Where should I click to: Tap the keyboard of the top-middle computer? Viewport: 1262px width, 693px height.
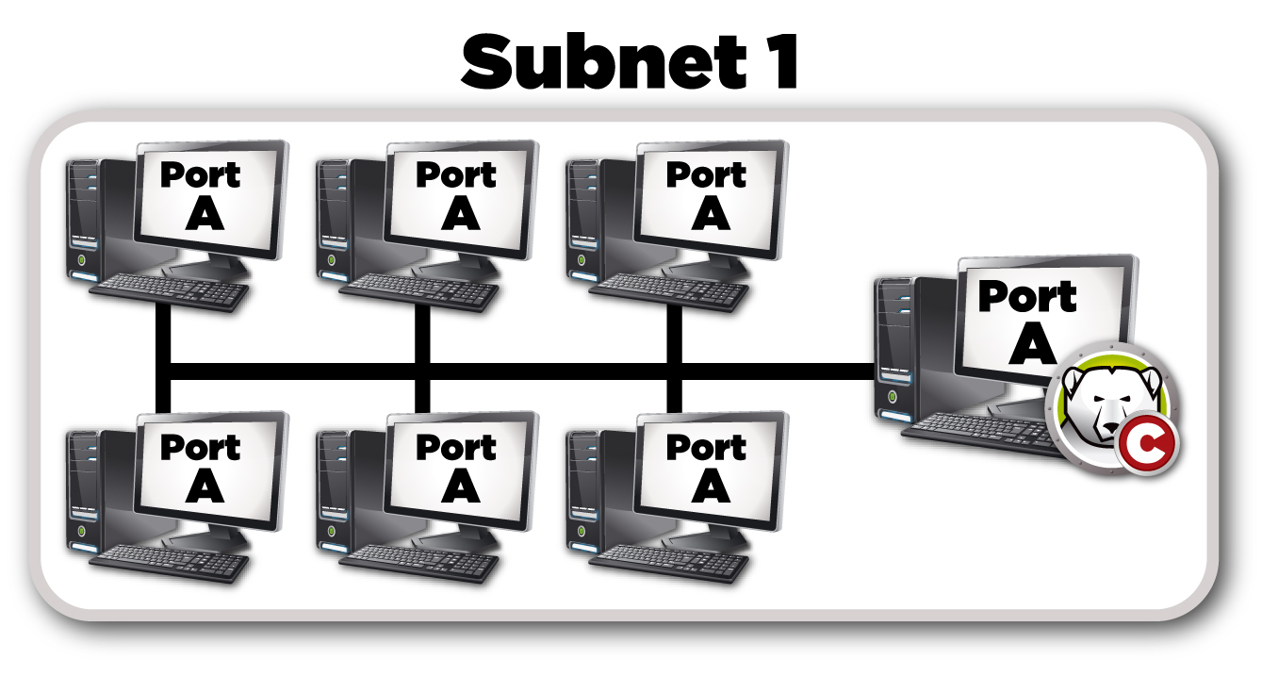[x=419, y=289]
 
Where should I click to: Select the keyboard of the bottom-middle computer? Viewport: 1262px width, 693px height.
[x=419, y=562]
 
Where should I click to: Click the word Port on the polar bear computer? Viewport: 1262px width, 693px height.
[x=1027, y=297]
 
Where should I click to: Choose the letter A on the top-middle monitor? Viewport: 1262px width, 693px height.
[x=459, y=214]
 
